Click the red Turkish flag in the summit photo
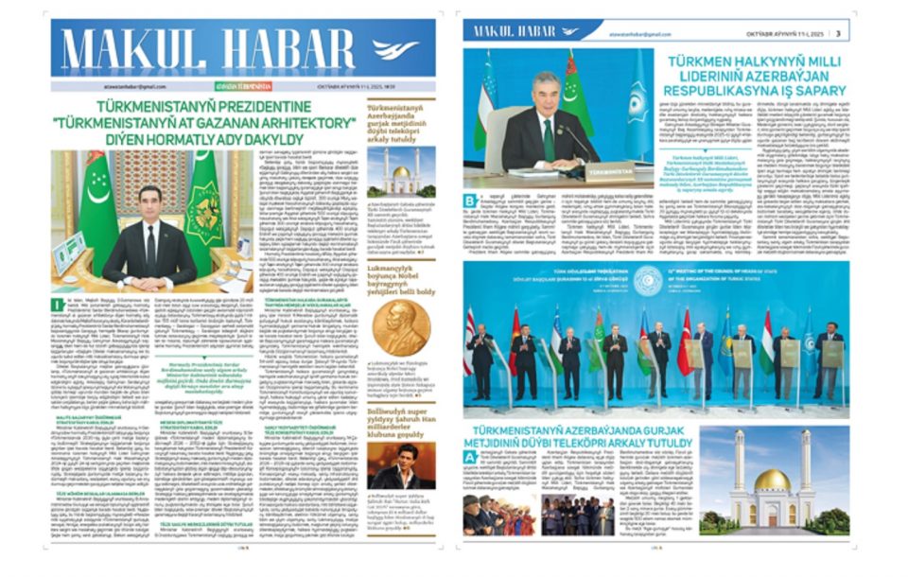coord(685,341)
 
